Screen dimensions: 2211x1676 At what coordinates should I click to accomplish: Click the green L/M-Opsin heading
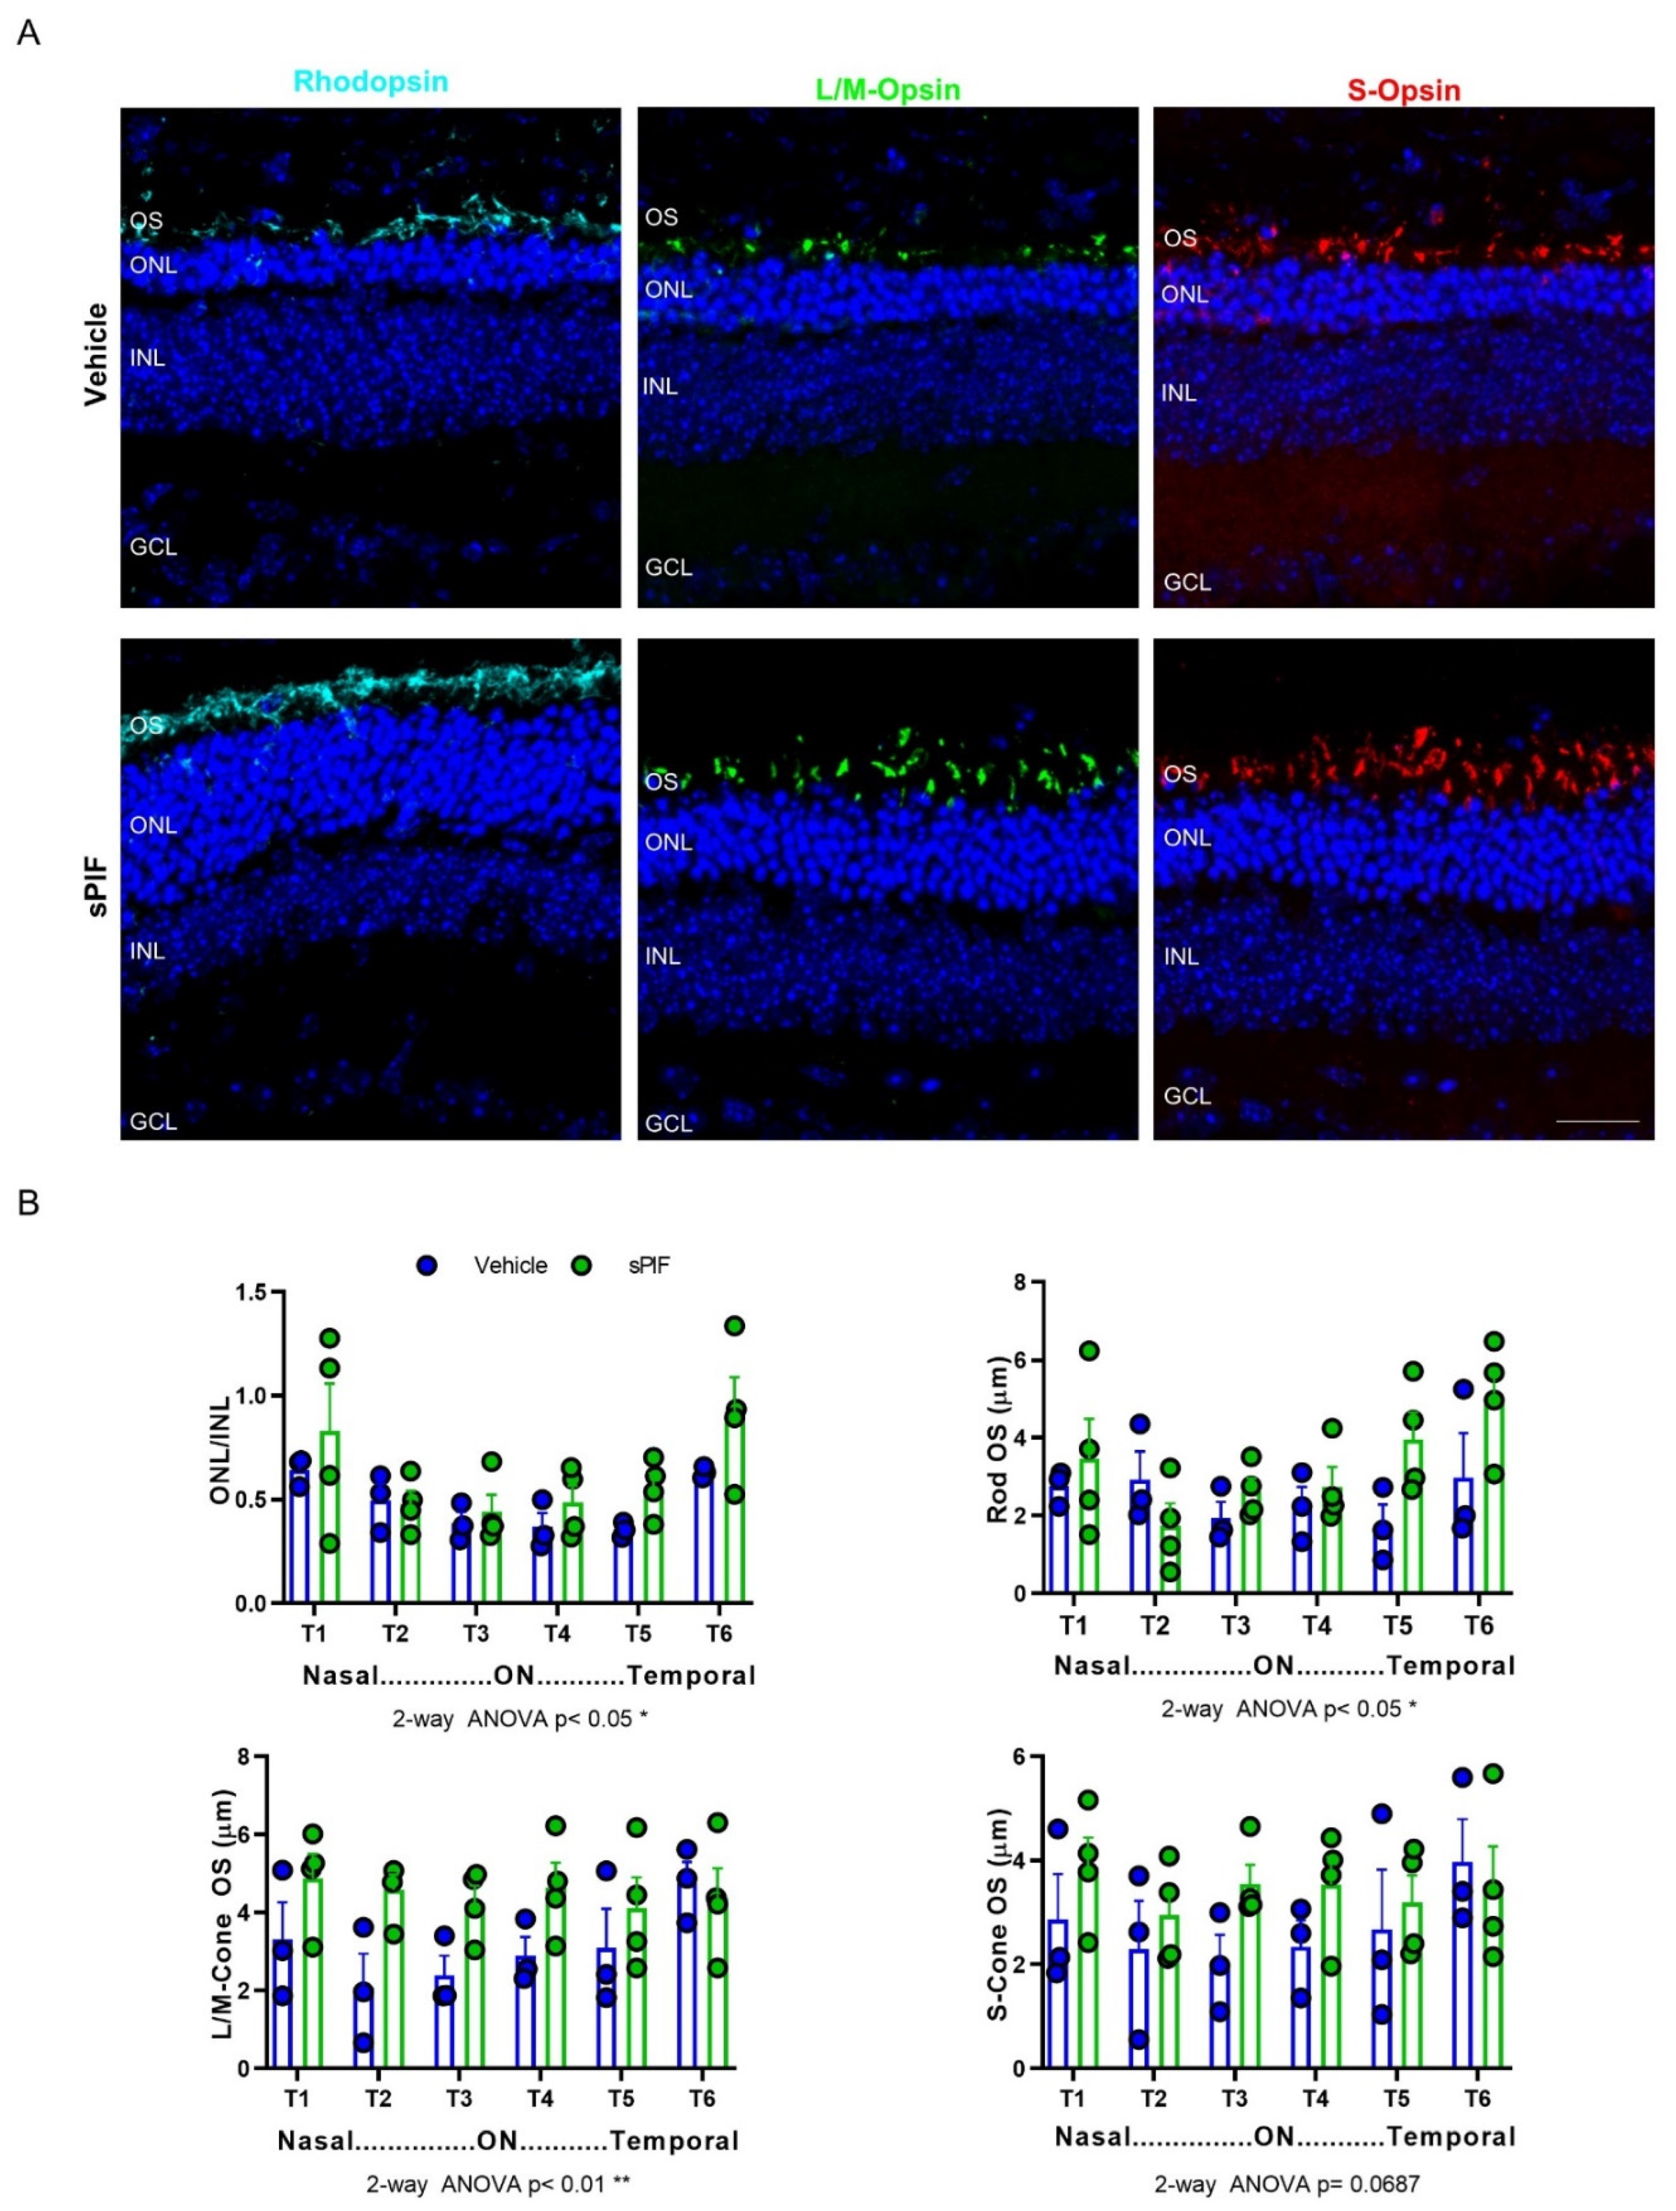point(888,90)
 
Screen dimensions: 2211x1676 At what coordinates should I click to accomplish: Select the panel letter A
point(29,33)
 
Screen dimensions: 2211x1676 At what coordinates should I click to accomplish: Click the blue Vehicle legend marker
point(428,1265)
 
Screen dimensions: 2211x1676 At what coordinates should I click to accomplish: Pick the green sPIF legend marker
point(581,1265)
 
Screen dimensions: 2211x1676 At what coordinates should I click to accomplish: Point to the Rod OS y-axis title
point(997,1440)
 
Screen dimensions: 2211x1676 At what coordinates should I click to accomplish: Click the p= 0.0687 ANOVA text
point(1286,2184)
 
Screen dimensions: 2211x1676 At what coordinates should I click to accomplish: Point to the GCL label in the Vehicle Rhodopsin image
point(153,547)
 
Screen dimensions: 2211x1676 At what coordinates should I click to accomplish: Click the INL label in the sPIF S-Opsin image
point(1181,957)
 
